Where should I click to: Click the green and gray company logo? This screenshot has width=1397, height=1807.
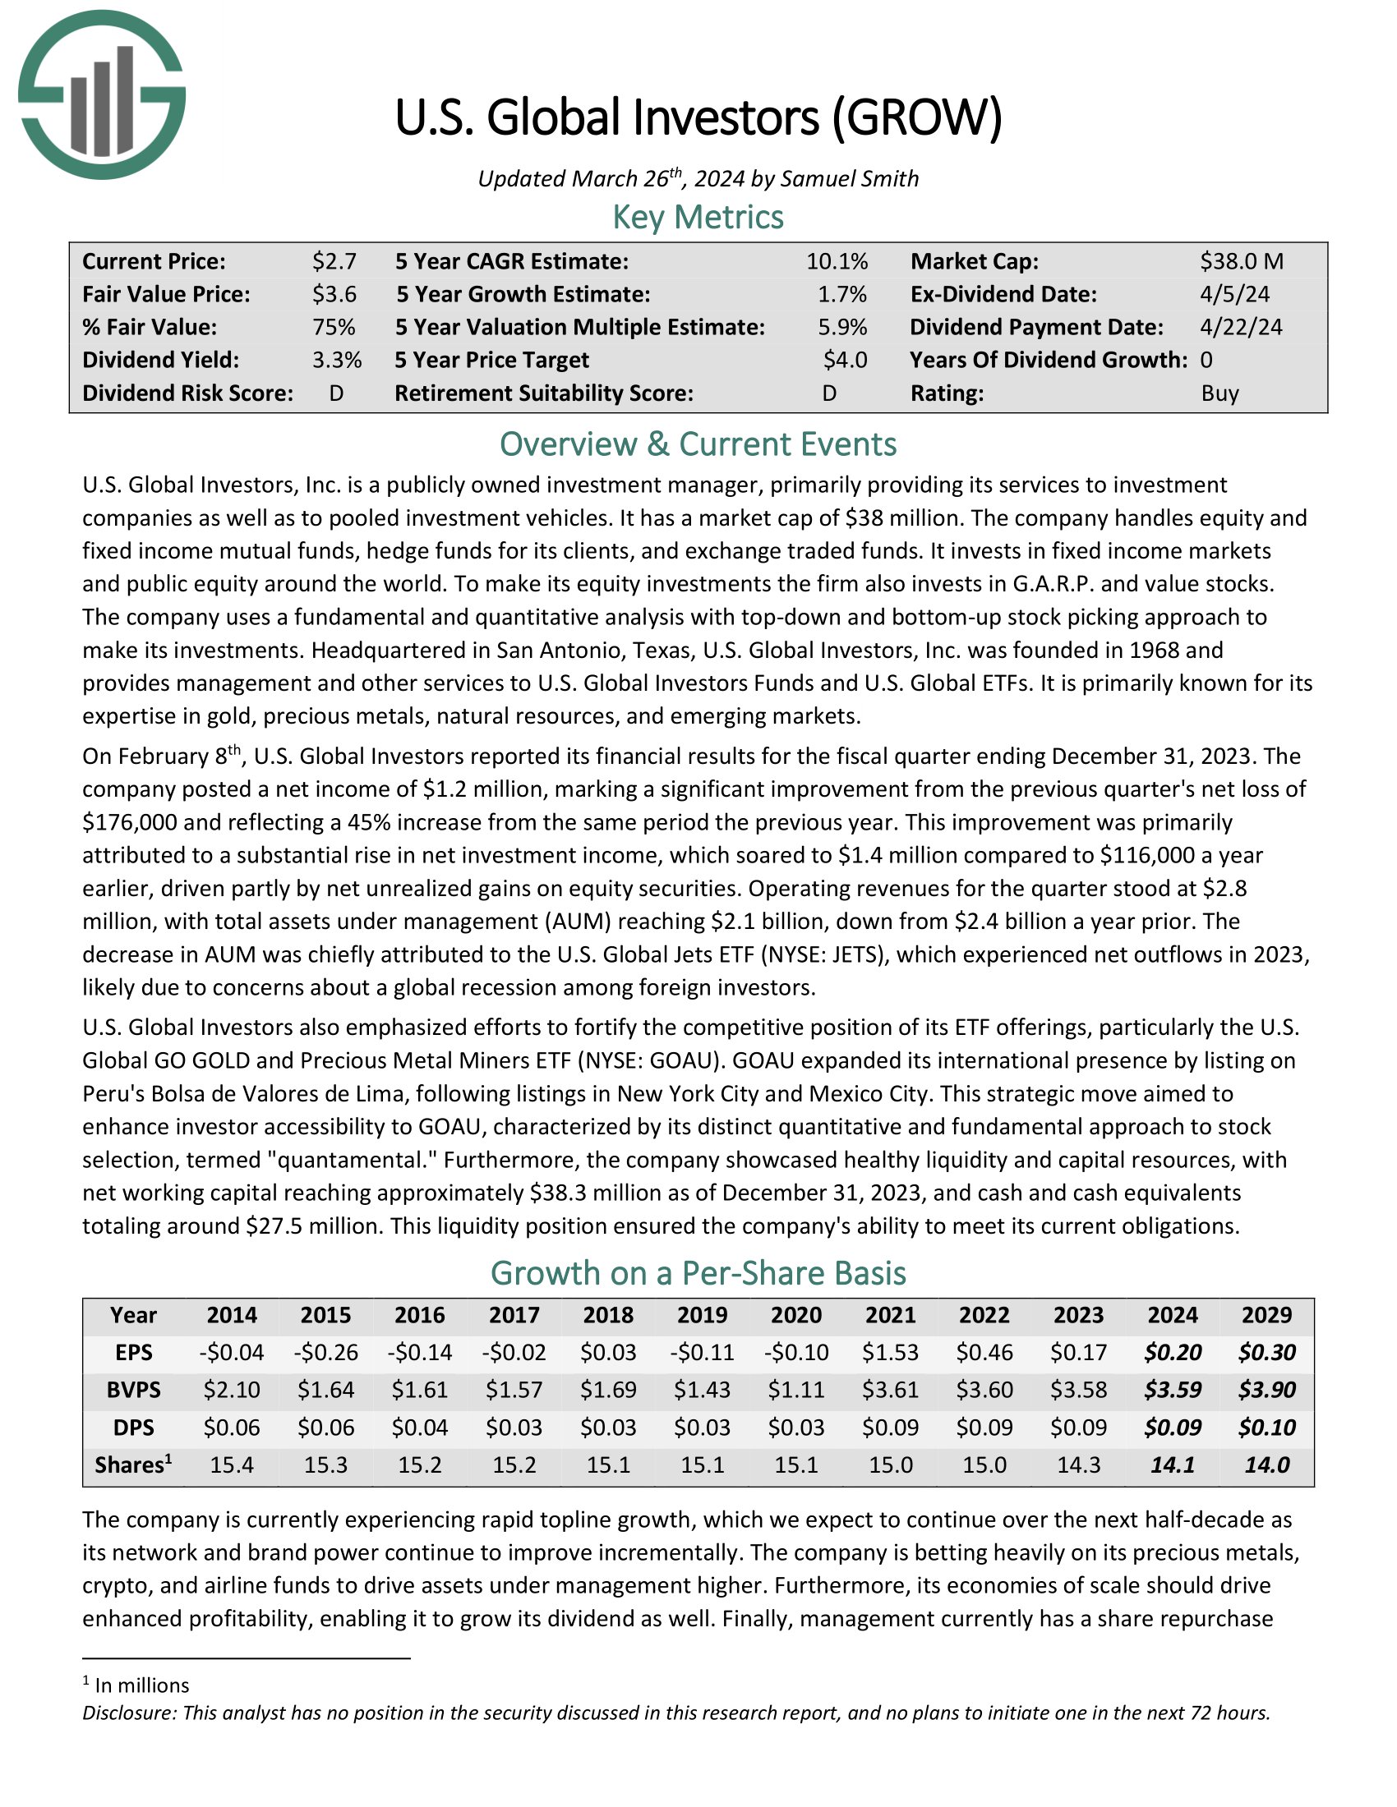[x=102, y=94]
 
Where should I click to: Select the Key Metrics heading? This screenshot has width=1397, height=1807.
[x=698, y=217]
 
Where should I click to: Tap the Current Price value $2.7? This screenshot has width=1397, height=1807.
[x=334, y=261]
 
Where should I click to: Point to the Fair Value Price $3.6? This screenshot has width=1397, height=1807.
[x=334, y=295]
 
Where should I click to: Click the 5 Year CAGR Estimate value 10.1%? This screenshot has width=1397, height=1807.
[x=837, y=261]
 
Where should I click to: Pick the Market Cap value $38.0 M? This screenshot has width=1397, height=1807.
[x=1242, y=261]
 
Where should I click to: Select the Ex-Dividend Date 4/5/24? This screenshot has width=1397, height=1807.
[x=1234, y=295]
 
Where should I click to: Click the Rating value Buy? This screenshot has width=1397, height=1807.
[x=1219, y=393]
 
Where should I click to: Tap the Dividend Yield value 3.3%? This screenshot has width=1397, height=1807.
[x=337, y=360]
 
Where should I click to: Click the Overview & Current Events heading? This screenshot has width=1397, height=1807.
[x=698, y=444]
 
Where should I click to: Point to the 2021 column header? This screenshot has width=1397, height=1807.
[x=891, y=1316]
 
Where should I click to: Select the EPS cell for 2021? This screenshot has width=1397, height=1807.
[x=891, y=1353]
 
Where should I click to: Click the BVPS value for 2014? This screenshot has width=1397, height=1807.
[x=232, y=1390]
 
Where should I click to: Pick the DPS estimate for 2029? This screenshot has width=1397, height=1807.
[x=1266, y=1428]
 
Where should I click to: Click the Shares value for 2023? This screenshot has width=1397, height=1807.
[x=1078, y=1464]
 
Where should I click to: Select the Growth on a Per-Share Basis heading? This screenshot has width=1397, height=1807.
[x=698, y=1273]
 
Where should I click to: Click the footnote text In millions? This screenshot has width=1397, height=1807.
[x=141, y=1685]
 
